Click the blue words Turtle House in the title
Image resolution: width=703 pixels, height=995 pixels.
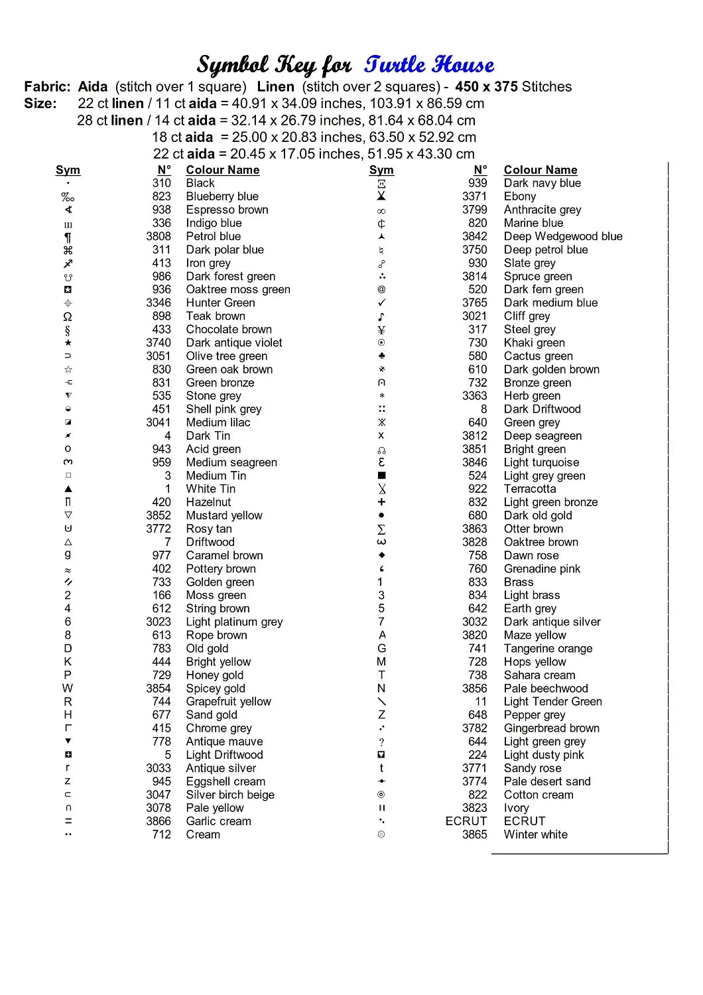[429, 65]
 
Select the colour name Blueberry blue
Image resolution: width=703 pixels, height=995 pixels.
[222, 196]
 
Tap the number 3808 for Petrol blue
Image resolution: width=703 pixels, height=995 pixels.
[159, 236]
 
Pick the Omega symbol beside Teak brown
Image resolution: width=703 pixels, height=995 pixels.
[68, 316]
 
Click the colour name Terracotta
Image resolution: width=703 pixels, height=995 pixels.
[530, 489]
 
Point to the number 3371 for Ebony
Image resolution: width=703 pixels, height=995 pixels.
[474, 196]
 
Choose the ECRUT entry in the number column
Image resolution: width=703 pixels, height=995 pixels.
[466, 821]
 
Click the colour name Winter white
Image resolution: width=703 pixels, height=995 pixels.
[535, 834]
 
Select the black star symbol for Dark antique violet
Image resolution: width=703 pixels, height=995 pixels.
[68, 343]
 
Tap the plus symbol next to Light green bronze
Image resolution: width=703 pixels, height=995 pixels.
[381, 502]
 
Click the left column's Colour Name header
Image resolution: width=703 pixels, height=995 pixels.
[222, 170]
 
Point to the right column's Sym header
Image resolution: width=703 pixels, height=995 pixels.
[381, 170]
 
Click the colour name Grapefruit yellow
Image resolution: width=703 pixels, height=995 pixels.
[228, 701]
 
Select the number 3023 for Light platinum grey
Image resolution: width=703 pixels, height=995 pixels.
[159, 622]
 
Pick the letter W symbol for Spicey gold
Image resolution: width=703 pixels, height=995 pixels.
[68, 688]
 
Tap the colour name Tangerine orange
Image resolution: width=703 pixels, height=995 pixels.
[548, 648]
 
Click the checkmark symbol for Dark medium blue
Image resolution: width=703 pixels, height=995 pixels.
[381, 302]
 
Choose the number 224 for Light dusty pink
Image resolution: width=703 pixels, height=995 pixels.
[478, 755]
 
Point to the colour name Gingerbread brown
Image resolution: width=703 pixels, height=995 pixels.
[551, 728]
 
